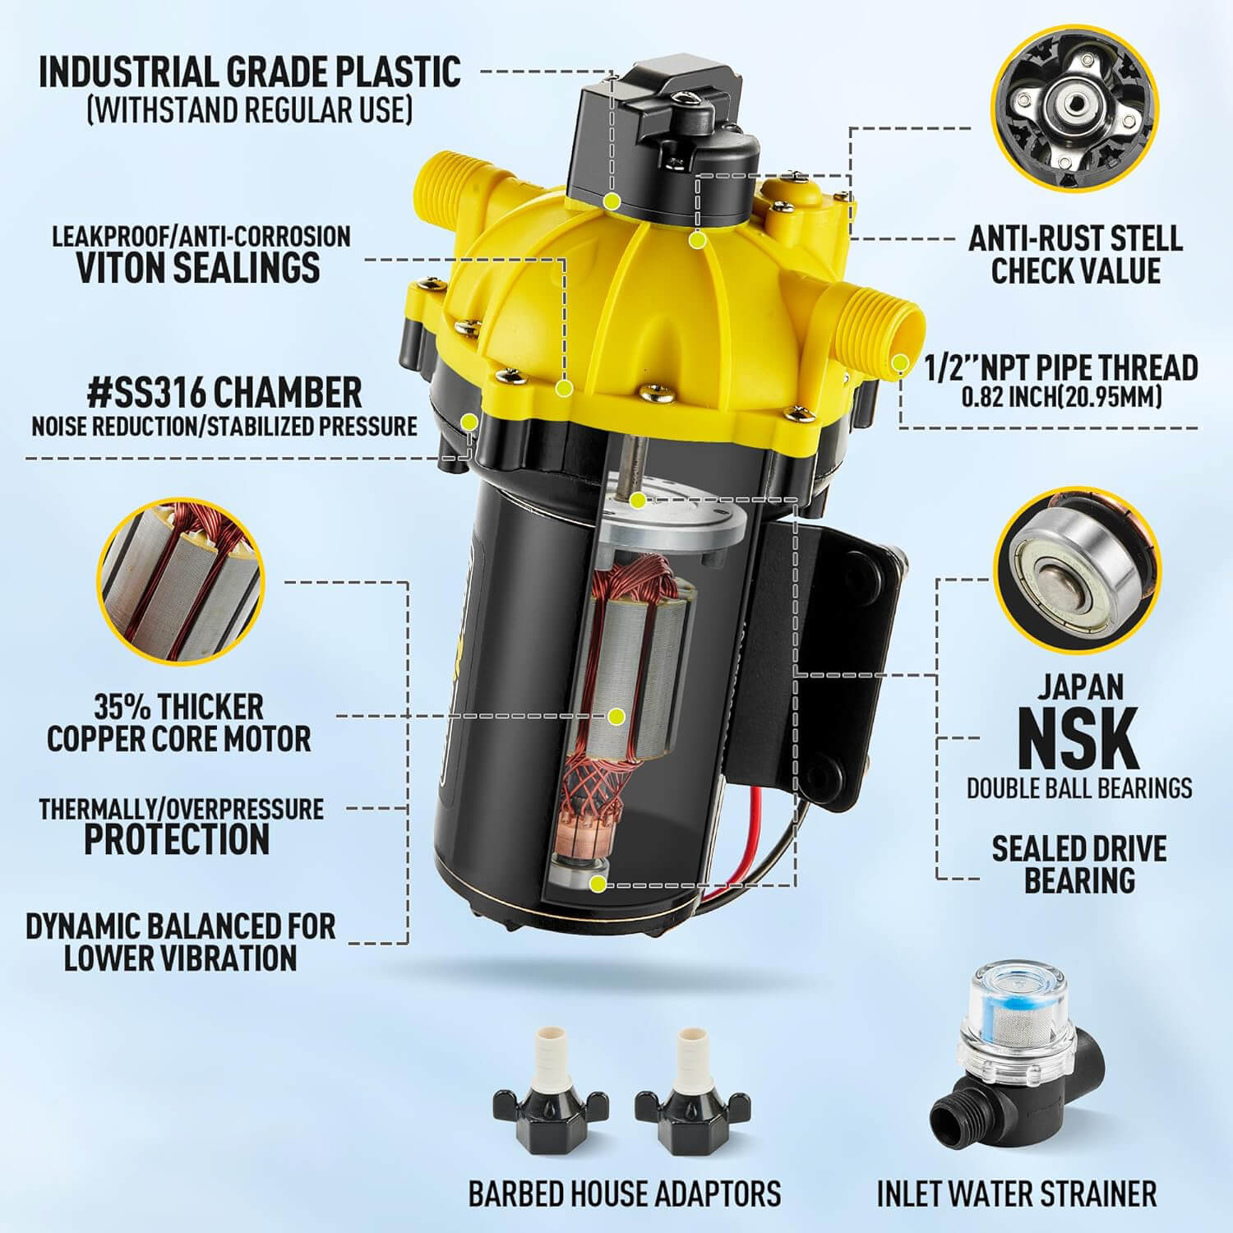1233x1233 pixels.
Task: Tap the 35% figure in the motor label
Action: point(121,706)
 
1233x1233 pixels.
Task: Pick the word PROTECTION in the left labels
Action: point(177,839)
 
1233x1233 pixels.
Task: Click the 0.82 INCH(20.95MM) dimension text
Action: point(1062,398)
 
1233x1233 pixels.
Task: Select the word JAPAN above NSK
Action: point(1079,686)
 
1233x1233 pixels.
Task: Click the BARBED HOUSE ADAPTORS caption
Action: point(625,1193)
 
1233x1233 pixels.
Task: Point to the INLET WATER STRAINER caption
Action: point(1017,1193)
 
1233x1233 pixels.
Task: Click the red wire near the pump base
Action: point(740,855)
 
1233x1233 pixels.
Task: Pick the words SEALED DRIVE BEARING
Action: point(1079,864)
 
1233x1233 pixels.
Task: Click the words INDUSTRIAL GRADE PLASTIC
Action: point(250,72)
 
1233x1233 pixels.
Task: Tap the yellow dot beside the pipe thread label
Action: point(902,362)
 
